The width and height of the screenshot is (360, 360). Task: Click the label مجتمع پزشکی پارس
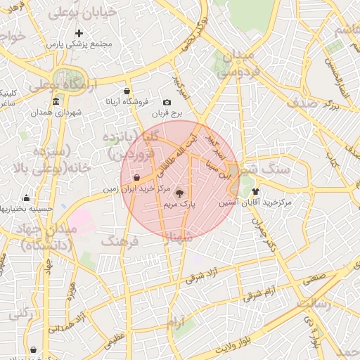coord(79,44)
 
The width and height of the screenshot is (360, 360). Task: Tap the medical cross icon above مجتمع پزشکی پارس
coord(79,33)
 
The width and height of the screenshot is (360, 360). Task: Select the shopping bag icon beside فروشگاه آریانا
coord(127,91)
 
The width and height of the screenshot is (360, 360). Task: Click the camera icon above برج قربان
coord(167,102)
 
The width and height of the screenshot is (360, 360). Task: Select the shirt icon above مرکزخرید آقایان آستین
coord(255,191)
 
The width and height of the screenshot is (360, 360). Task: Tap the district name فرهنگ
coord(121,241)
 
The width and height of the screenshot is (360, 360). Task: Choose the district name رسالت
coord(314,304)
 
